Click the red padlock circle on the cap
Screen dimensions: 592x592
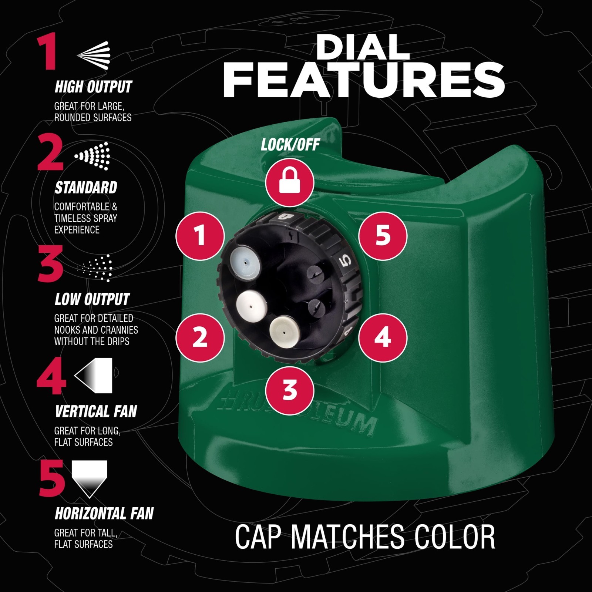(290, 182)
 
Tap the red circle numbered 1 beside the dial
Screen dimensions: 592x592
(200, 236)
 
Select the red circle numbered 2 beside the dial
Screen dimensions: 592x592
(200, 337)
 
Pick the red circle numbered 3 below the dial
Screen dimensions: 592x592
(290, 390)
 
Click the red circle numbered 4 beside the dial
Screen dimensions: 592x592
(383, 337)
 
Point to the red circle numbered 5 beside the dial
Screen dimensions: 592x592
(383, 236)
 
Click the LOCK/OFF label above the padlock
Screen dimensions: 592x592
(290, 144)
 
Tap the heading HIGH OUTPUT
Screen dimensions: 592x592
(93, 87)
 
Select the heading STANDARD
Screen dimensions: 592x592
(86, 188)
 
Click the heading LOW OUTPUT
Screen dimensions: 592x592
(92, 299)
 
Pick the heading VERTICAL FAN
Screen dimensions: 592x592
(96, 411)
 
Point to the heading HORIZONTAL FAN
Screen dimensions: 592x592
(104, 514)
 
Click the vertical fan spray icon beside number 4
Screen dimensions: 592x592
(93, 375)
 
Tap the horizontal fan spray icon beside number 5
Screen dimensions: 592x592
(90, 479)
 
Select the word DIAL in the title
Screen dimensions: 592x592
(363, 47)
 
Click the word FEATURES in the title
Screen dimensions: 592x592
(364, 80)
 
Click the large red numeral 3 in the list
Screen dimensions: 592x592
(51, 264)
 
